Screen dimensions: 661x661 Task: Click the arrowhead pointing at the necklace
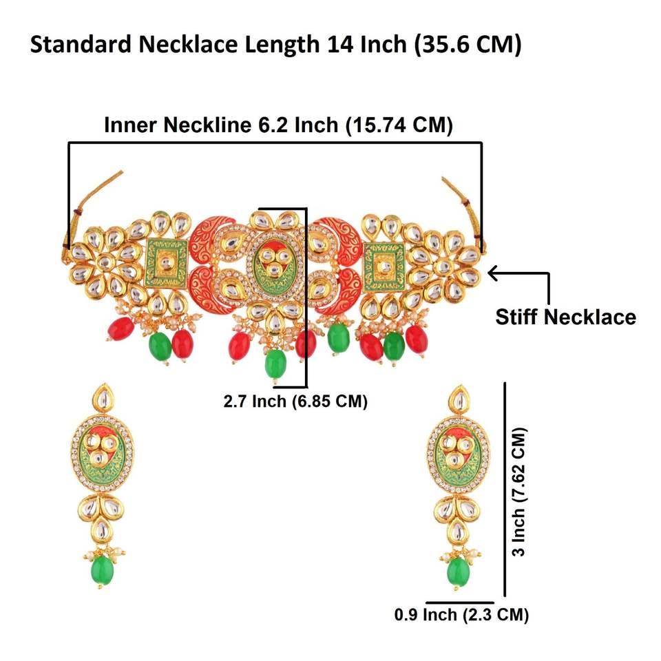[x=492, y=273]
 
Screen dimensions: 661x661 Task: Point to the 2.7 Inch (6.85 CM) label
[x=295, y=401]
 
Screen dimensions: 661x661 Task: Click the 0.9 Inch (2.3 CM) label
[x=461, y=614]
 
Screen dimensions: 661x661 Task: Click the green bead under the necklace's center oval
[x=275, y=362]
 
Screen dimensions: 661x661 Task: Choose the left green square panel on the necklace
[x=166, y=262]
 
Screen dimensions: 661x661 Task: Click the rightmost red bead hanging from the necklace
[x=416, y=337]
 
